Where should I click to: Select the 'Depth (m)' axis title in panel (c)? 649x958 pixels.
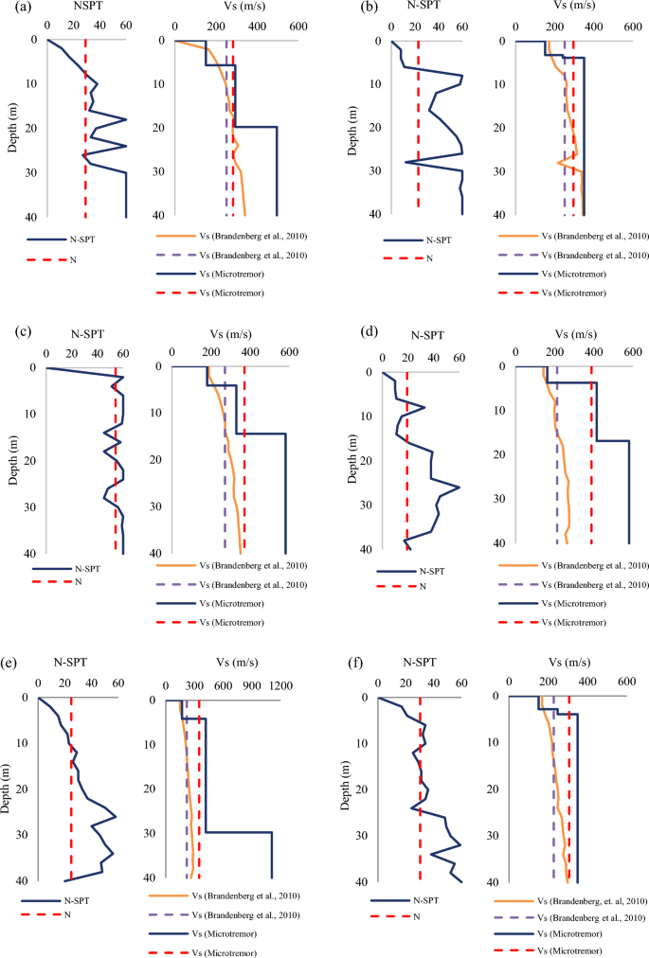pyautogui.click(x=12, y=461)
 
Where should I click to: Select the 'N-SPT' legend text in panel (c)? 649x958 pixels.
pyautogui.click(x=92, y=570)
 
